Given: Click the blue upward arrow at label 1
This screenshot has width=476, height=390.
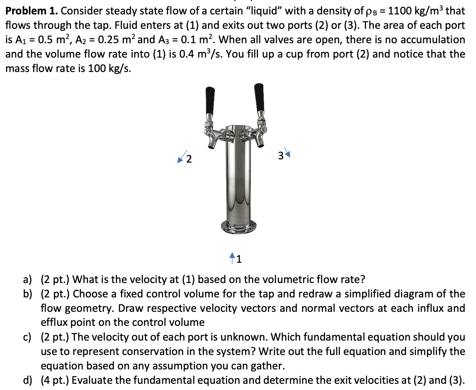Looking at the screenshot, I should (232, 257).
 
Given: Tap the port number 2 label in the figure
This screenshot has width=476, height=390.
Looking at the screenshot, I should (189, 160).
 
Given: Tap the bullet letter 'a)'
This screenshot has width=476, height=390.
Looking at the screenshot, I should (28, 280).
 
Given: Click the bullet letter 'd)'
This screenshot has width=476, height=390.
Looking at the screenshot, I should (28, 381).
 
